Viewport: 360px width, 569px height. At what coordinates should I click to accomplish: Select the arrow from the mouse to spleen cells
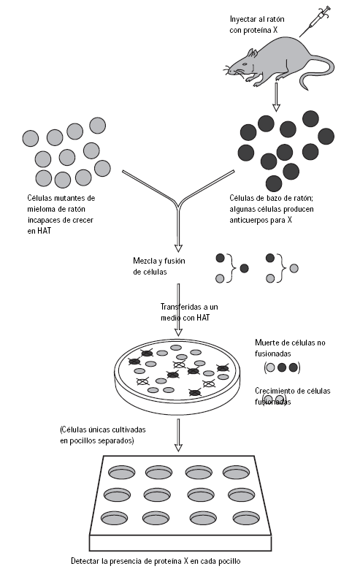coord(275,95)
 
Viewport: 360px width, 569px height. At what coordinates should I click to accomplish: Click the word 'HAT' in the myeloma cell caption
coord(37,230)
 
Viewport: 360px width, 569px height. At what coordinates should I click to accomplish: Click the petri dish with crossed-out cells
coord(175,372)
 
